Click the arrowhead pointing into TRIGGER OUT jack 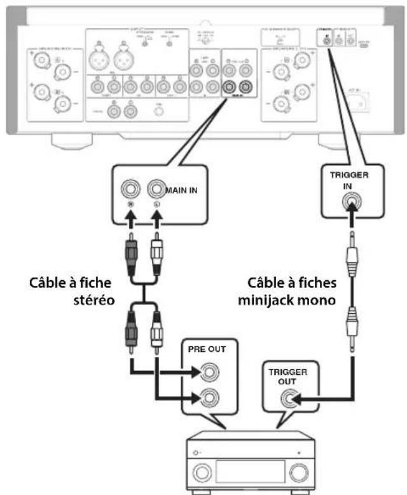coord(301,398)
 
